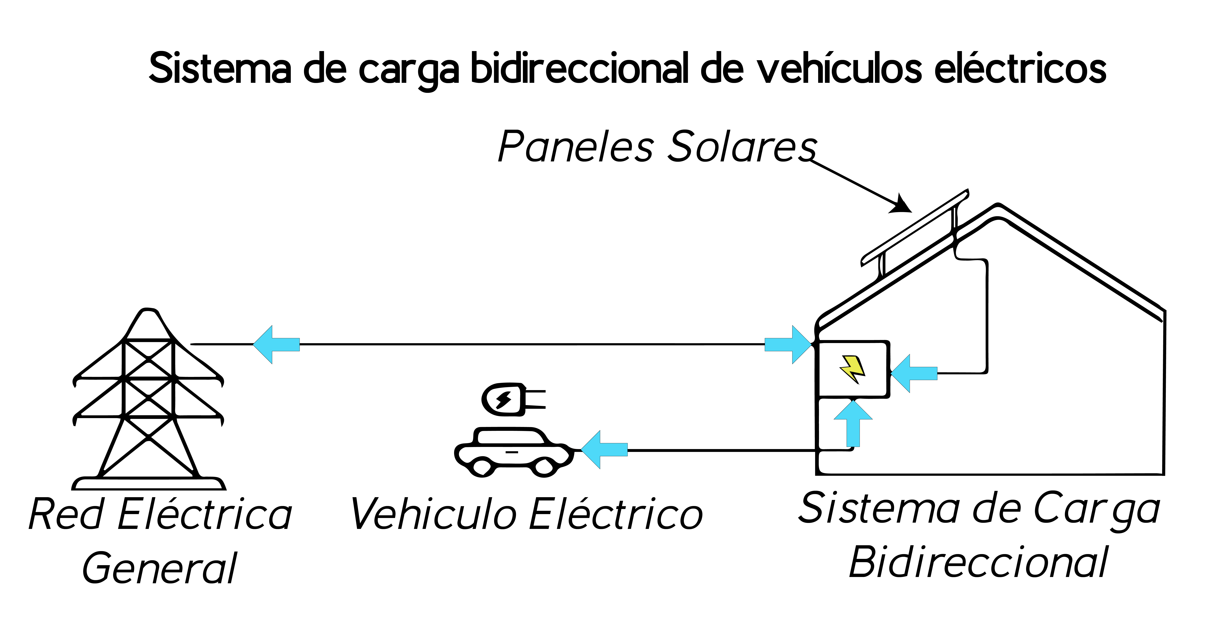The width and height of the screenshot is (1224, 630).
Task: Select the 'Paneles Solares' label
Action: tap(657, 146)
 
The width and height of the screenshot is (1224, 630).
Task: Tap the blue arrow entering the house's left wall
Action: tap(787, 344)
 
